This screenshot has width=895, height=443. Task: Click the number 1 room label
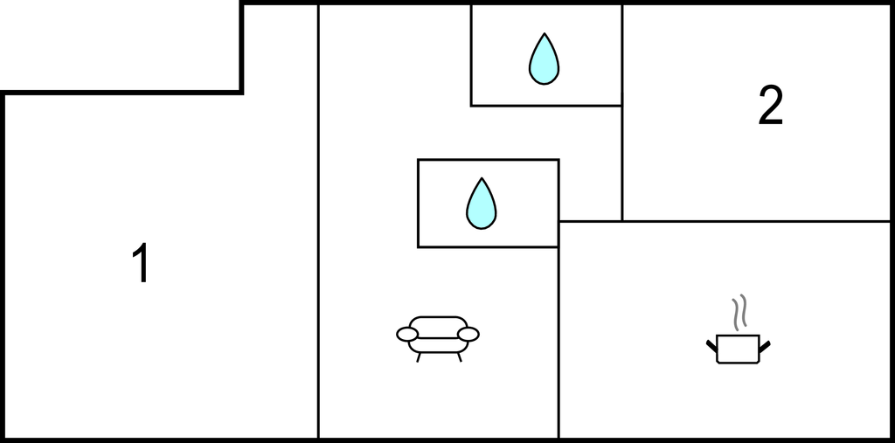(141, 263)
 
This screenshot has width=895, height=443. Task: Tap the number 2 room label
(771, 106)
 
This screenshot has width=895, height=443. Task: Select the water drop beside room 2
(544, 59)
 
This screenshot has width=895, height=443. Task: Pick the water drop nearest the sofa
(482, 204)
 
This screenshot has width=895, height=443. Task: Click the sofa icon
(438, 339)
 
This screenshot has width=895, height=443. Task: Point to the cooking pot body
(738, 349)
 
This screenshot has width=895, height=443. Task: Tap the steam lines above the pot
(739, 313)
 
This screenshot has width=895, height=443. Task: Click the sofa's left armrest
(407, 335)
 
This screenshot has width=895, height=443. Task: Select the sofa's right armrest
(468, 335)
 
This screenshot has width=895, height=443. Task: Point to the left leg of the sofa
(419, 357)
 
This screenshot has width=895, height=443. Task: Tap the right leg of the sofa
(459, 357)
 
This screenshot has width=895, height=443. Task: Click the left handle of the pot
(711, 345)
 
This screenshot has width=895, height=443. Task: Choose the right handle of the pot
(765, 345)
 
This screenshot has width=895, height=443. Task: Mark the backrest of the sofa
(438, 322)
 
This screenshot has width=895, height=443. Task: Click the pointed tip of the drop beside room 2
(544, 33)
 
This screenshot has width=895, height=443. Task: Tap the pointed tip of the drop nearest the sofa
(482, 177)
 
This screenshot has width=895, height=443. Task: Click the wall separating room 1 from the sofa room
(318, 222)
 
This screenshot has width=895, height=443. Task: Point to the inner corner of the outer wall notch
(241, 92)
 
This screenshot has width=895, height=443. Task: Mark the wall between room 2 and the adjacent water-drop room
(621, 55)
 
